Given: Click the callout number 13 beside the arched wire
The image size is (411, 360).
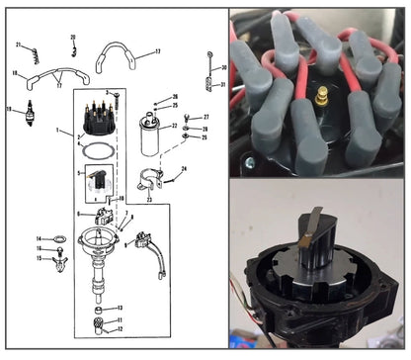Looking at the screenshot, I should (x=156, y=52).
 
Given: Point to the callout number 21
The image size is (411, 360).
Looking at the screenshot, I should (x=18, y=46).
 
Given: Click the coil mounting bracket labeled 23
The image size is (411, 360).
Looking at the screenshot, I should (x=150, y=185).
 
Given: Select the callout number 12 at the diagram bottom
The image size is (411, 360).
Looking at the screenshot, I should (x=120, y=330).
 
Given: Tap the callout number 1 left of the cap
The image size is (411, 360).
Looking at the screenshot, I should (x=57, y=131).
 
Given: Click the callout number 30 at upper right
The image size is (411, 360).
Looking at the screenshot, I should (x=224, y=67).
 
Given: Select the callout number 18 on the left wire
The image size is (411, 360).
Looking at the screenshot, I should (x=15, y=74).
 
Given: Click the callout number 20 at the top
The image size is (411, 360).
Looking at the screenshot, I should (x=72, y=37).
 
